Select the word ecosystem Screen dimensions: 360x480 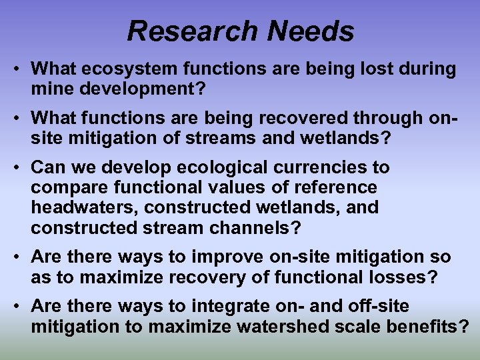pos(121,68)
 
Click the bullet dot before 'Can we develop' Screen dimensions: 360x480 pos(21,168)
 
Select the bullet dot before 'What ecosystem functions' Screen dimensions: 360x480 pos(21,69)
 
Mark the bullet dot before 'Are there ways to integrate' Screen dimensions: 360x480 pos(21,307)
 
